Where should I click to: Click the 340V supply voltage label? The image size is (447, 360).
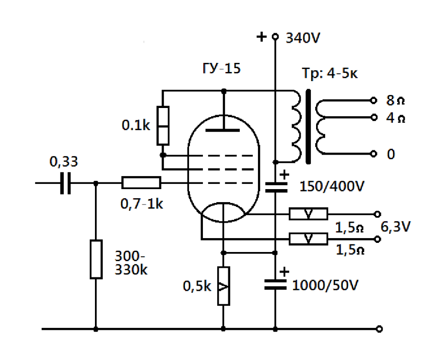(x=303, y=38)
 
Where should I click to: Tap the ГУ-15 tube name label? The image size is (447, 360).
(x=222, y=69)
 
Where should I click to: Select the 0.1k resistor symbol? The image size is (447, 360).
(x=163, y=125)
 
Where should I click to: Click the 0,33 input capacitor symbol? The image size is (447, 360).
(x=65, y=183)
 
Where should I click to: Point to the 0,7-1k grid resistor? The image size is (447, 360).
(x=141, y=182)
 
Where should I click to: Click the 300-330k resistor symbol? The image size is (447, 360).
(x=96, y=259)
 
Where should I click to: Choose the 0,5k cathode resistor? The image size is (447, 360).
(x=223, y=286)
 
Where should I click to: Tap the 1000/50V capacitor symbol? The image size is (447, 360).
(x=275, y=285)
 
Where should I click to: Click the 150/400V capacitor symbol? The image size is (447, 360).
(x=275, y=187)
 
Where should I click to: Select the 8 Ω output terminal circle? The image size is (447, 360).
(x=374, y=100)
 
